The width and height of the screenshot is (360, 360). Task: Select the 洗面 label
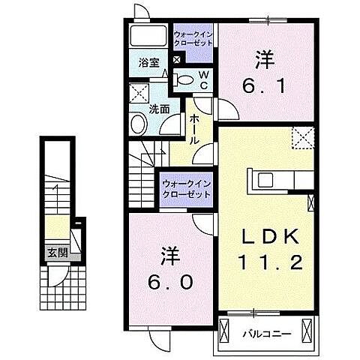click(x=157, y=109)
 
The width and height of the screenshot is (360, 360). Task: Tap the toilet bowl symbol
click(x=184, y=79)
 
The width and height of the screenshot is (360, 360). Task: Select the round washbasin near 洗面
click(x=139, y=124)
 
